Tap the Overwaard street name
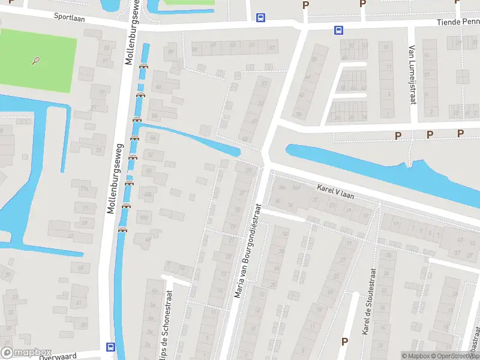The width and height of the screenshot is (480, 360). coord(58,356)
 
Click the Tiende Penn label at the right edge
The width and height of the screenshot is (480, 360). coord(457,22)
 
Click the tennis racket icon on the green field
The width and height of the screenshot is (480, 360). coord(37,61)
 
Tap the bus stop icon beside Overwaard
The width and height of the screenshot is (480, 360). coord(110,346)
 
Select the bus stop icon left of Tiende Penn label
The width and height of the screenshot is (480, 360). coord(338,30)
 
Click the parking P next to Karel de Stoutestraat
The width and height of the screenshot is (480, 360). coord(344,341)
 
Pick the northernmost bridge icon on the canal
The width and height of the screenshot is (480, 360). coord(143,66)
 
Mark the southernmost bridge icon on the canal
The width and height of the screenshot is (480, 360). coord(122,229)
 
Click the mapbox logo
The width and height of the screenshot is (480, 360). coord(26,353)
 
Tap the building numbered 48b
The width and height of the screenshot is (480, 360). coord(145,217)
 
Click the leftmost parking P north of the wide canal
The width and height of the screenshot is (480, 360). coord(398,136)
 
